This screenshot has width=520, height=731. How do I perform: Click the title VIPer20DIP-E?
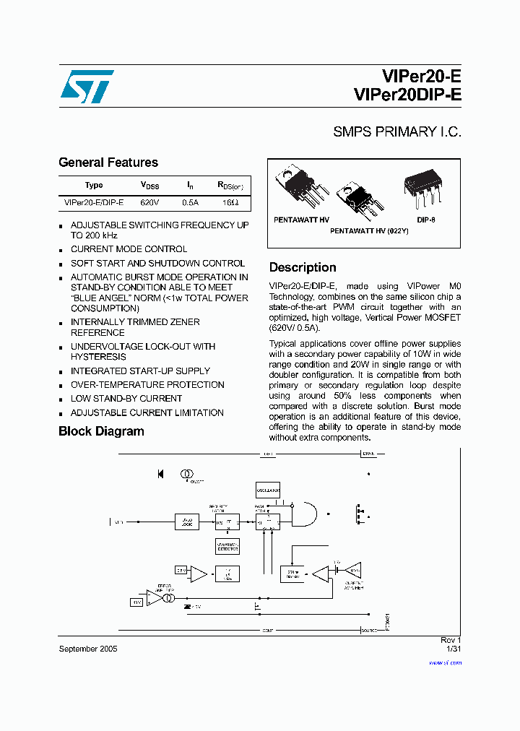pos(408,95)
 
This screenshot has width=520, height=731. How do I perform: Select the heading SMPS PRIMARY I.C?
pos(396,132)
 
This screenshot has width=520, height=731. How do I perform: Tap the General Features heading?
pos(108,163)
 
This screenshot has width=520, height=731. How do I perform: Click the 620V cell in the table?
pos(149,204)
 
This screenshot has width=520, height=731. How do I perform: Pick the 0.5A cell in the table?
pos(190,204)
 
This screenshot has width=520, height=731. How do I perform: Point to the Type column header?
pos(94,186)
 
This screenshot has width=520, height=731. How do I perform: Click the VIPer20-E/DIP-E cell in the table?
pos(94,204)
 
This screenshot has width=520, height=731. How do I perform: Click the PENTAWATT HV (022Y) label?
pos(369,230)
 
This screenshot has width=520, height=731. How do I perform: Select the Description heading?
pos(303,267)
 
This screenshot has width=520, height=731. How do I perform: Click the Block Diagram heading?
pos(101,431)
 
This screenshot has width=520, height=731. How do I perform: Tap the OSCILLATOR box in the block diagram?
pos(268,490)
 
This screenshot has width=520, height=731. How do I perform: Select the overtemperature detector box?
pos(227,547)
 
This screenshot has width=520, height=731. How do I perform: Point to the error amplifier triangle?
pos(155,598)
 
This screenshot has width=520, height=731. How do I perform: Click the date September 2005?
pos(87,649)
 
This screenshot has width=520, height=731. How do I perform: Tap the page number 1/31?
pos(453,649)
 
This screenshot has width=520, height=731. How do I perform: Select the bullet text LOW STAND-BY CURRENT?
pos(126,399)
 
